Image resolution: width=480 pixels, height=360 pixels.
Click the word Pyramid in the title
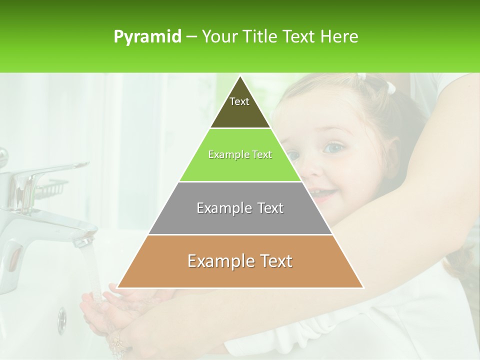tap(147, 37)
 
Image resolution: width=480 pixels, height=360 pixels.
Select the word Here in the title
tap(340, 37)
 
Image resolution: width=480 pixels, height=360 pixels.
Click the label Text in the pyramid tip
tap(239, 101)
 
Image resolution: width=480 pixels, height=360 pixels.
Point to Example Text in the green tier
tap(240, 154)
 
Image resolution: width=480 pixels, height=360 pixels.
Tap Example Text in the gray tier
tap(240, 208)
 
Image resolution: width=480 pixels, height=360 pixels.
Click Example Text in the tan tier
tap(240, 261)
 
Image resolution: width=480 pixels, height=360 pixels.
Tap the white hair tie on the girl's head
tap(390, 88)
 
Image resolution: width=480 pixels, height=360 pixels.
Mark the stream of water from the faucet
tap(91, 270)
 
